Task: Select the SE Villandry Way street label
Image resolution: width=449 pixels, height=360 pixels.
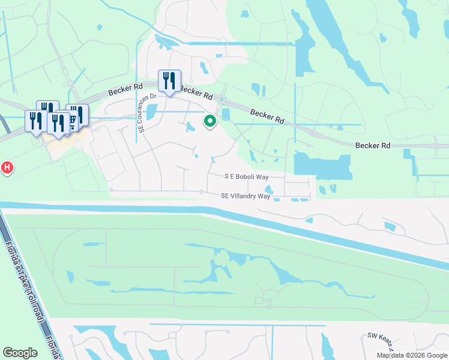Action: [x=246, y=196]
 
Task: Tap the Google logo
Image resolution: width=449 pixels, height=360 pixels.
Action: [x=20, y=353]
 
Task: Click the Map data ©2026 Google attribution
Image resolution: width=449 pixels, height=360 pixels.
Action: [x=412, y=355]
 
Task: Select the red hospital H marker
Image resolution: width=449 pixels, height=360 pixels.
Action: [x=7, y=167]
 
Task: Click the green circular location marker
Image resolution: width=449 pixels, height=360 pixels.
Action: [x=210, y=121]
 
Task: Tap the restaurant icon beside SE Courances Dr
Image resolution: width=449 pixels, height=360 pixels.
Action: [x=169, y=80]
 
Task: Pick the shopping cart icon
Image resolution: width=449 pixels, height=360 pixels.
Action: [x=73, y=121]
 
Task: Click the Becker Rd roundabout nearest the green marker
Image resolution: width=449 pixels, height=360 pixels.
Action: [x=221, y=100]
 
